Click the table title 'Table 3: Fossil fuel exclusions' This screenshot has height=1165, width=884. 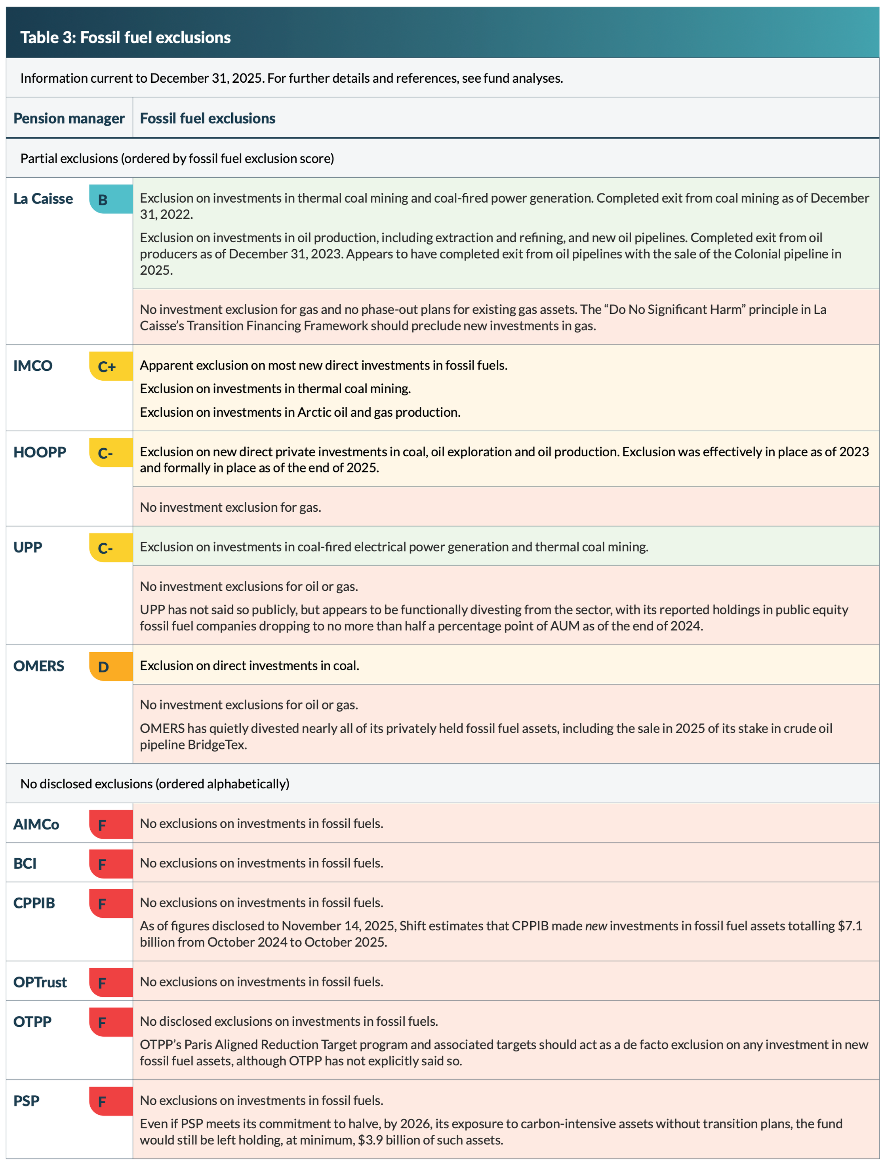(126, 37)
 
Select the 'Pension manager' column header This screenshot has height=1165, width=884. (69, 118)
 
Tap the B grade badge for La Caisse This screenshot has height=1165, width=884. (110, 199)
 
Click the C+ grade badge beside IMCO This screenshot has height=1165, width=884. (110, 366)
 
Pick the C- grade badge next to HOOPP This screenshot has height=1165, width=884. (110, 452)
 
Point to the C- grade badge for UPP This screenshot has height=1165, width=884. (110, 548)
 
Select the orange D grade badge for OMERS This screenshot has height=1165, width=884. (110, 666)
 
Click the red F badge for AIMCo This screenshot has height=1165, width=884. (110, 824)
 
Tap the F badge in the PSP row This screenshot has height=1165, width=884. (110, 1101)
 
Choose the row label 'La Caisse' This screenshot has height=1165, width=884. (43, 199)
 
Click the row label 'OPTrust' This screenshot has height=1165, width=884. (40, 982)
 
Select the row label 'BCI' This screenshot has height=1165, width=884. (25, 863)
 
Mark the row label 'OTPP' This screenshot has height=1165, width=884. (32, 1022)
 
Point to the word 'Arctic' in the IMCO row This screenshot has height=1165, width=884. (314, 412)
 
